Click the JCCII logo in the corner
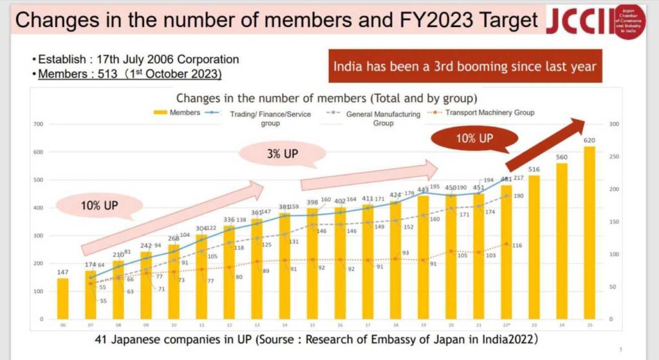pos(595,21)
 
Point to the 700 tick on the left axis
pos(38,124)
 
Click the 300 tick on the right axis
pos(613,124)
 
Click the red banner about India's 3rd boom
pos(465,66)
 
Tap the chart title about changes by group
pos(326,98)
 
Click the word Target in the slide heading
pos(504,19)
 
